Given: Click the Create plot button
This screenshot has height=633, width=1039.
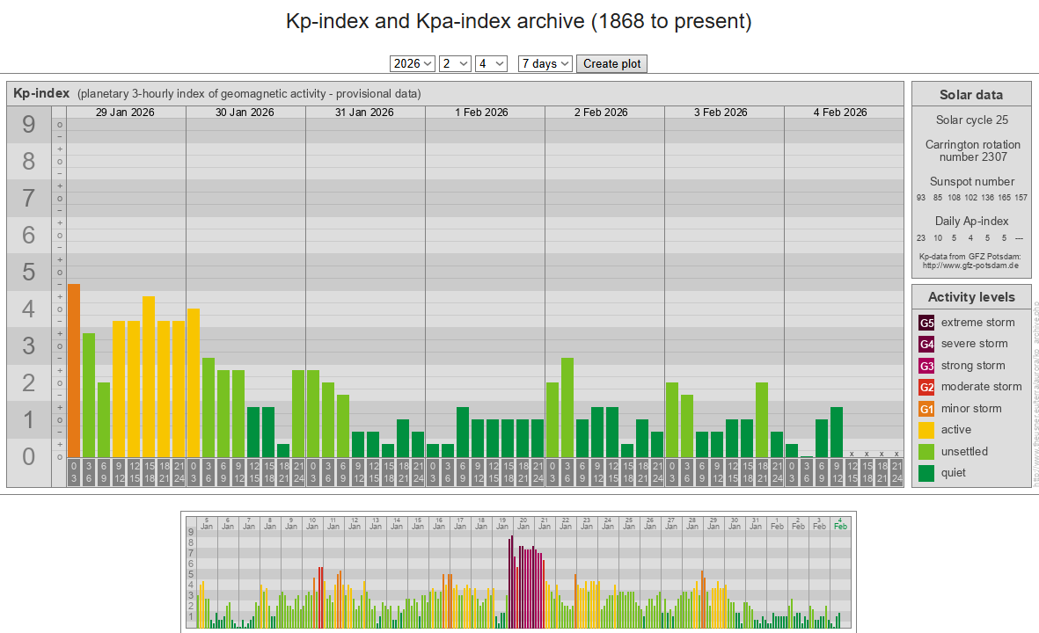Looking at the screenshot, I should pyautogui.click(x=611, y=63).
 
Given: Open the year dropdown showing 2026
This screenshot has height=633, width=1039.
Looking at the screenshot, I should pyautogui.click(x=413, y=63).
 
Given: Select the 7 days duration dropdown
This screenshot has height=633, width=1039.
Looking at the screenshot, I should pyautogui.click(x=545, y=63).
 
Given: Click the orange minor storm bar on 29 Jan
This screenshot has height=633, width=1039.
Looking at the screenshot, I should pyautogui.click(x=74, y=369).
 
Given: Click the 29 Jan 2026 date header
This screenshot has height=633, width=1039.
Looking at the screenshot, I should pyautogui.click(x=126, y=113).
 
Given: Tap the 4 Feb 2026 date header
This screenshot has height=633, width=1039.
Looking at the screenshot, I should pyautogui.click(x=840, y=113).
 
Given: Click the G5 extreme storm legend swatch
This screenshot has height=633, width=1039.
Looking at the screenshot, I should pyautogui.click(x=926, y=323).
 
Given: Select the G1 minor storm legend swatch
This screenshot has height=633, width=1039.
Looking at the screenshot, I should pyautogui.click(x=926, y=409).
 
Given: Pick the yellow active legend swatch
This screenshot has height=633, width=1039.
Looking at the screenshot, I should pyautogui.click(x=926, y=430).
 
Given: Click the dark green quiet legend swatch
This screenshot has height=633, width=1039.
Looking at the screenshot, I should pyautogui.click(x=926, y=473).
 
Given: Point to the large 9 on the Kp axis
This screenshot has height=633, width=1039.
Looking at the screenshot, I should pyautogui.click(x=29, y=125).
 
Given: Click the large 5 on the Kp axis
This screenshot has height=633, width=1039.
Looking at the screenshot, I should pyautogui.click(x=29, y=273).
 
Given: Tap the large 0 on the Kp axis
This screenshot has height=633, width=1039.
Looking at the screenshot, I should pyautogui.click(x=29, y=457).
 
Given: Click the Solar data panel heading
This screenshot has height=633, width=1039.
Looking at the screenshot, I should pyautogui.click(x=971, y=95).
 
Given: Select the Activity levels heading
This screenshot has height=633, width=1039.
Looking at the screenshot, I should pyautogui.click(x=971, y=297).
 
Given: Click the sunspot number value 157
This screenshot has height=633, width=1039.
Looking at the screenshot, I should pyautogui.click(x=1021, y=198).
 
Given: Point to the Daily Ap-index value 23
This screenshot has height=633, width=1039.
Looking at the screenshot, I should pyautogui.click(x=921, y=237).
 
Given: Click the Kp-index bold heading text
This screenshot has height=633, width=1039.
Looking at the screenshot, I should pyautogui.click(x=41, y=93).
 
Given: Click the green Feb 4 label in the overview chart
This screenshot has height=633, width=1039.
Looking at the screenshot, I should pyautogui.click(x=840, y=522).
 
